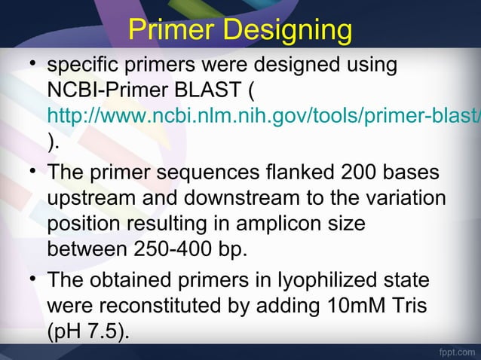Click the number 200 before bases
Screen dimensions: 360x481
(x=351, y=172)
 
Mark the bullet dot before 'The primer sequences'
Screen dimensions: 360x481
(x=29, y=170)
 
